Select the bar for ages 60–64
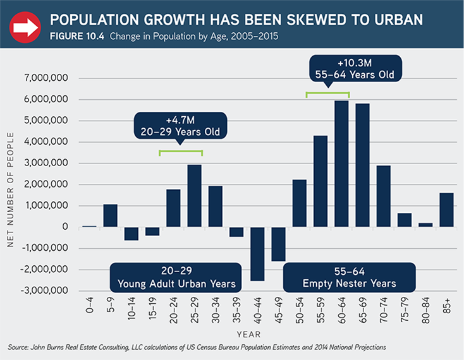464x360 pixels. click(x=341, y=164)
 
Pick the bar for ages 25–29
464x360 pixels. click(x=195, y=196)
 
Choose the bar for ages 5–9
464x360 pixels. click(x=111, y=215)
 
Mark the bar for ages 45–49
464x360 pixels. click(x=278, y=244)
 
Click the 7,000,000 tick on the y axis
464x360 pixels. click(x=50, y=78)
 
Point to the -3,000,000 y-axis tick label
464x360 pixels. click(x=48, y=291)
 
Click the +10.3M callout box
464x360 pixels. click(x=355, y=68)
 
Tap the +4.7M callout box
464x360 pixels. click(x=180, y=126)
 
